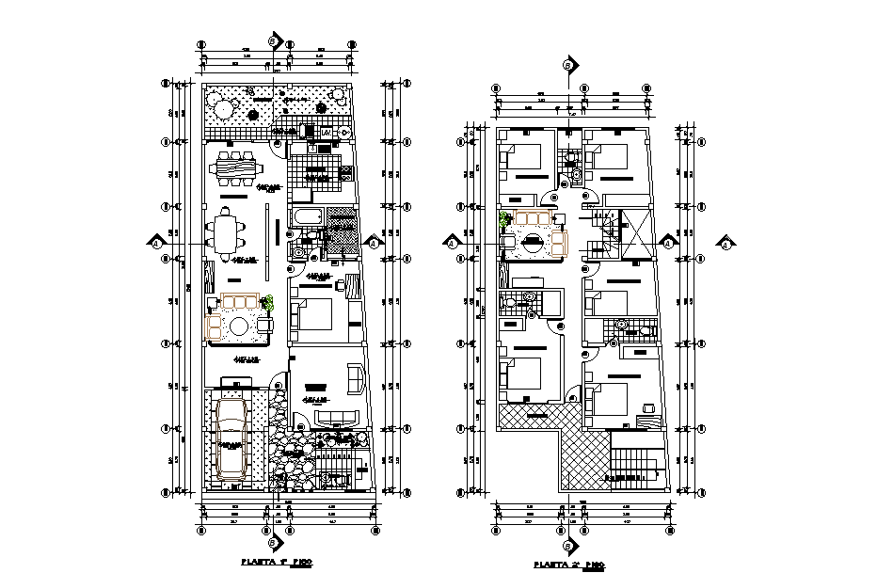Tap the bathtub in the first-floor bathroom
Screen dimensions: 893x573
point(308,221)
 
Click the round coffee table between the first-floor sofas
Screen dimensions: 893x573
point(240,326)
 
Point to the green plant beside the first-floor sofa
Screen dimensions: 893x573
point(269,303)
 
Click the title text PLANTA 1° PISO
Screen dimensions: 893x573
point(277,562)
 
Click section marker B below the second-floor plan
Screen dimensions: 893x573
point(567,546)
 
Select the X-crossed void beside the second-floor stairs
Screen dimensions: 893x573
point(637,232)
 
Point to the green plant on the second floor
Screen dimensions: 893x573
point(504,221)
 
